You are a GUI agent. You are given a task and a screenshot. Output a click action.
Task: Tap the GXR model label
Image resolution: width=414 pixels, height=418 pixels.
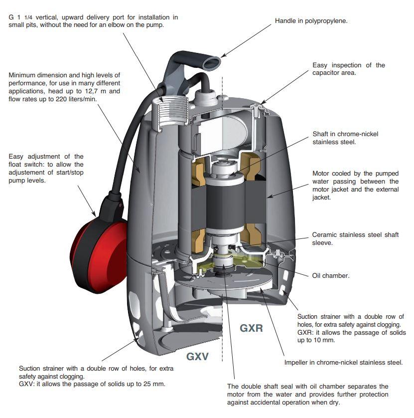point(251,328)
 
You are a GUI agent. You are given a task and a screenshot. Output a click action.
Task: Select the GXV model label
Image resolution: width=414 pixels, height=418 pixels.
point(197,357)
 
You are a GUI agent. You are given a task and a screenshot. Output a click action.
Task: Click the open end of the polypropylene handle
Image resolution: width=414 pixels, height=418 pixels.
point(213,61)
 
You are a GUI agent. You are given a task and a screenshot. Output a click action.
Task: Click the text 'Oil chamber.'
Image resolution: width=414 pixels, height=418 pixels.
point(330,275)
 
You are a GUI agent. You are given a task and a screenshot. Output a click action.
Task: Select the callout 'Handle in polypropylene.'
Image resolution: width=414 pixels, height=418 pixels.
point(311,21)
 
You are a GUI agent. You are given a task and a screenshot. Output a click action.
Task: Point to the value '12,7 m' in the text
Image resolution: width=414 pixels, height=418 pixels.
point(95,91)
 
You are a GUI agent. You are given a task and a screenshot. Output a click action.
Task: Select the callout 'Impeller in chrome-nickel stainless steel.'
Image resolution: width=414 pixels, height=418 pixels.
point(343,363)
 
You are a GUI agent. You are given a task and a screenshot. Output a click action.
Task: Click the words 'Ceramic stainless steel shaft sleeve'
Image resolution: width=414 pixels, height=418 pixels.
point(355,238)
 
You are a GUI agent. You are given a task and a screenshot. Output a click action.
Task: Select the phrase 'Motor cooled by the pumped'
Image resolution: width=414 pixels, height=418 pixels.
point(355,174)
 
